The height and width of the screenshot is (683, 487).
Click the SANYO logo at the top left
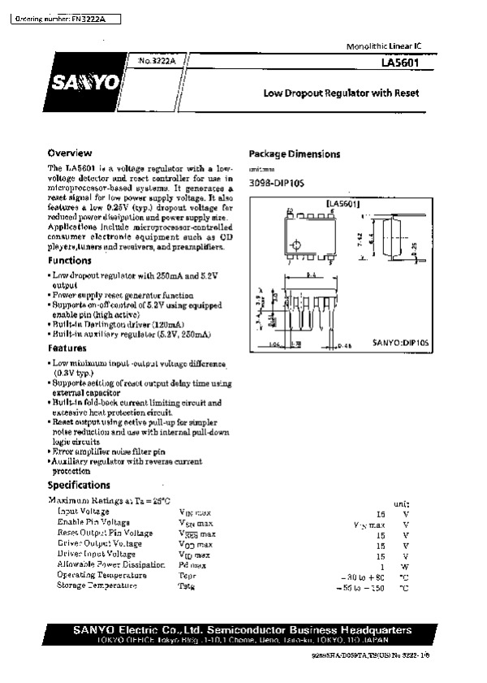tap(84, 81)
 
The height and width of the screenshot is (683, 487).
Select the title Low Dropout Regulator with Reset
tap(341, 93)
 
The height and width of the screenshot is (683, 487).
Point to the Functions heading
tap(69, 261)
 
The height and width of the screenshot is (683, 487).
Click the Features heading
tap(67, 348)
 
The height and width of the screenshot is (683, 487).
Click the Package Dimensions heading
tap(294, 154)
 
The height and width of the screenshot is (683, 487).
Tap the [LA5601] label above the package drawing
tap(343, 203)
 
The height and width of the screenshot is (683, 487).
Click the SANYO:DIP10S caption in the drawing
tap(400, 344)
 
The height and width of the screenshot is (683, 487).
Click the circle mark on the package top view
tap(296, 244)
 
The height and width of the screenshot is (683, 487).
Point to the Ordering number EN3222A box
tap(61, 17)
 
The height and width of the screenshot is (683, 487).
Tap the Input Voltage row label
tap(84, 512)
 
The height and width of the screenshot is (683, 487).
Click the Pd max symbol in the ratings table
tap(192, 564)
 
